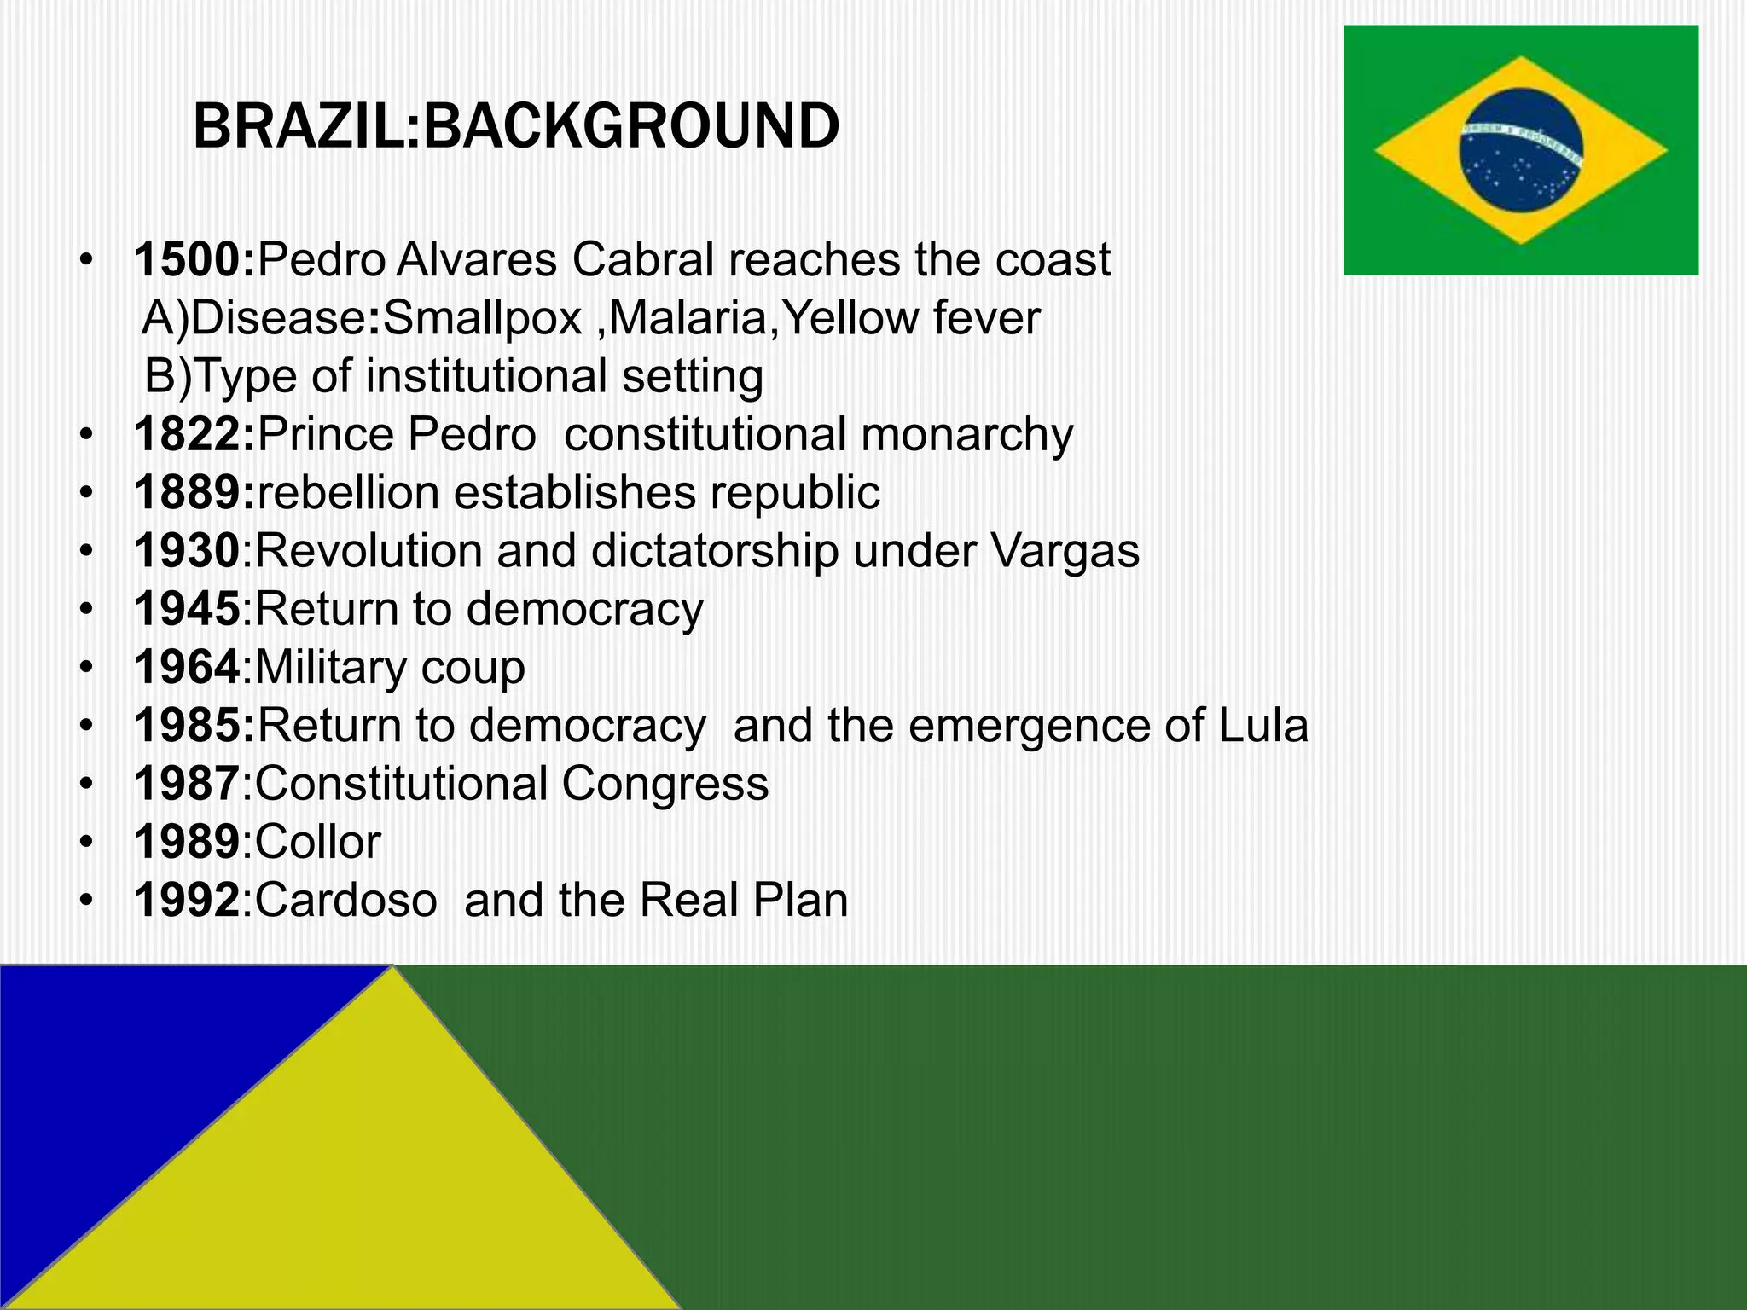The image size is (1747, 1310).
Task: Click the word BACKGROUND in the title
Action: pyautogui.click(x=631, y=126)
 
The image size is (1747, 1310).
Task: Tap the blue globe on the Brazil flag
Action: pyautogui.click(x=1520, y=151)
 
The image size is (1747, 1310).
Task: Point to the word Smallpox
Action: pyautogui.click(x=483, y=318)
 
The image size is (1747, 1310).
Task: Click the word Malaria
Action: pyautogui.click(x=688, y=318)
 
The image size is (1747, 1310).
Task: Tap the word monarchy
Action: pyautogui.click(x=966, y=435)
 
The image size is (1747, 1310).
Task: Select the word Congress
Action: pyautogui.click(x=665, y=784)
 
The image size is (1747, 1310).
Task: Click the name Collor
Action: pyautogui.click(x=317, y=843)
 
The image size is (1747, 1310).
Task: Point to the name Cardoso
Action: pyautogui.click(x=345, y=901)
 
